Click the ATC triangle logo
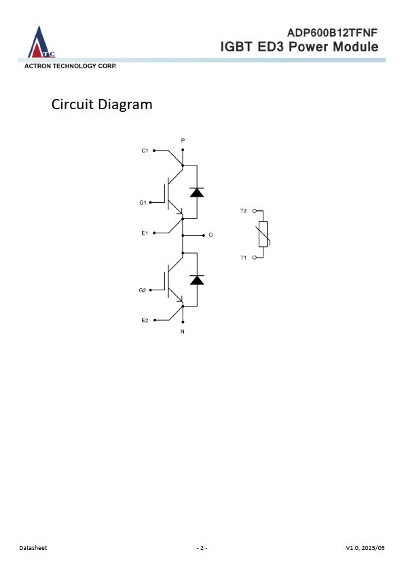[x=41, y=42]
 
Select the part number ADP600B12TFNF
[x=332, y=33]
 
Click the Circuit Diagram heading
[x=102, y=104]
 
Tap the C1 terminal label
[x=145, y=151]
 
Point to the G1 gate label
[x=143, y=203]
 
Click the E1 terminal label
[x=145, y=233]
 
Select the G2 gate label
[x=142, y=290]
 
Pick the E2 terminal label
[x=145, y=321]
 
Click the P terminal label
[x=183, y=140]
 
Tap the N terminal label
[x=183, y=332]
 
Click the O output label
[x=210, y=235]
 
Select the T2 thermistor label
[x=244, y=211]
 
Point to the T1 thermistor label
[x=244, y=258]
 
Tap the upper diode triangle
[x=197, y=193]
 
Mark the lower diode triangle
[x=197, y=279]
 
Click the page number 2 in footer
[x=202, y=548]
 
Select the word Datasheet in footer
[x=33, y=548]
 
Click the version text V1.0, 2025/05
[x=365, y=548]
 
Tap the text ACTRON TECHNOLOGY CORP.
[x=71, y=66]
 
